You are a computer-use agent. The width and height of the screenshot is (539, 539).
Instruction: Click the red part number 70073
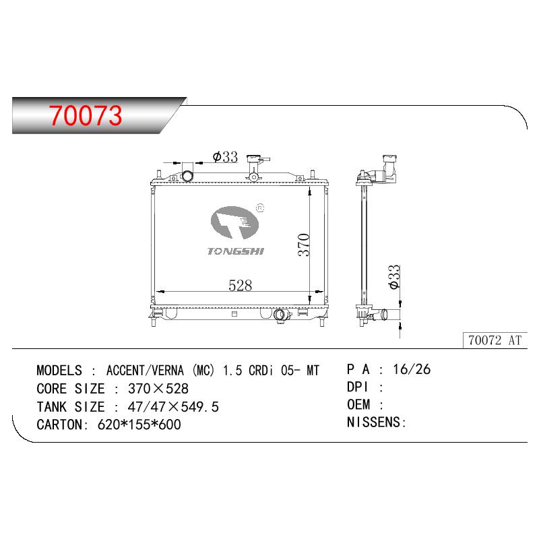click(x=86, y=115)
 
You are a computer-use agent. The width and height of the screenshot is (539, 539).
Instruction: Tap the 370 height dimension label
click(x=304, y=245)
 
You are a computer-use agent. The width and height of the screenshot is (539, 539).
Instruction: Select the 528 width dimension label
click(x=241, y=285)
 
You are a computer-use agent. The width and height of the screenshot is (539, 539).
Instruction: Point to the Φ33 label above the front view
click(x=225, y=157)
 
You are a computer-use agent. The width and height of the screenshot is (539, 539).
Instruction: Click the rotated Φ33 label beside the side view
click(x=394, y=277)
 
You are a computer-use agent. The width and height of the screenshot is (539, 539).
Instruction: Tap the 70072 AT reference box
click(x=495, y=340)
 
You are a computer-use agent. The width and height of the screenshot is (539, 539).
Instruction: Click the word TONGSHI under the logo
click(x=235, y=251)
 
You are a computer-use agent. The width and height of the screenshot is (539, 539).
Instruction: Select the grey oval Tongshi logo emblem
click(x=234, y=222)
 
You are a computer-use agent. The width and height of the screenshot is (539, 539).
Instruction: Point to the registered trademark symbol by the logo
click(x=260, y=208)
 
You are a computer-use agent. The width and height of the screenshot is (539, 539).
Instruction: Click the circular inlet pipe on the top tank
click(x=187, y=177)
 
